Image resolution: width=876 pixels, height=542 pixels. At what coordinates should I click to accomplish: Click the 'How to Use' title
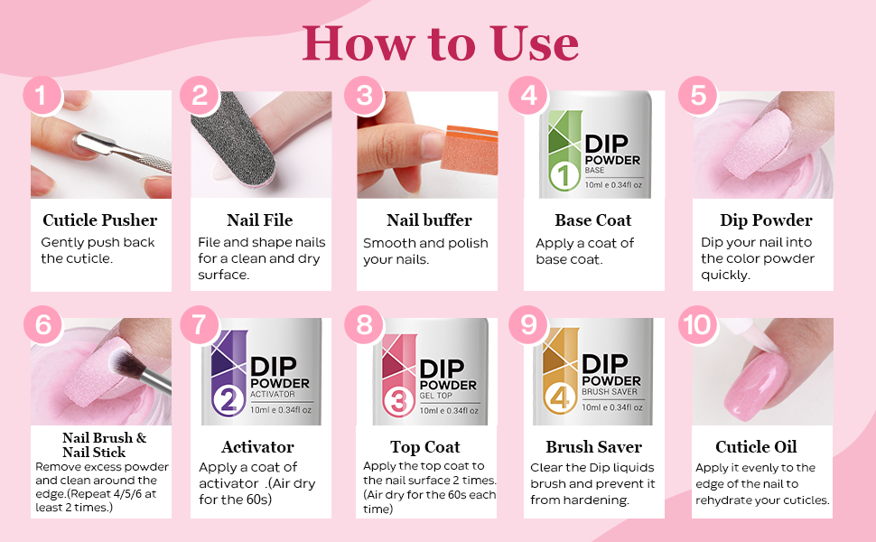[440, 42]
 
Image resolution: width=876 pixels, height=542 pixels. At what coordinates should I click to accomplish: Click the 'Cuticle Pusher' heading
[100, 220]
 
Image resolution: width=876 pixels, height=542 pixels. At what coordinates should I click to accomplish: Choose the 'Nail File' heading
[260, 220]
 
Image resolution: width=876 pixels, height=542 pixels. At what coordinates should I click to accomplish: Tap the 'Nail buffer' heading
[429, 220]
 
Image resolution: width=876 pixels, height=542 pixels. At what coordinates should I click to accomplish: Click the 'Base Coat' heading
[593, 220]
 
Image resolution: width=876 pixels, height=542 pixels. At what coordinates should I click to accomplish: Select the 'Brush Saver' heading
[593, 447]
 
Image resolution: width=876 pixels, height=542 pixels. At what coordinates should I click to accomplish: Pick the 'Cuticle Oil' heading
[756, 447]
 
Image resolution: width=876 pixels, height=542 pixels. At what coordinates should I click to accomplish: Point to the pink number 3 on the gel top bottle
[398, 399]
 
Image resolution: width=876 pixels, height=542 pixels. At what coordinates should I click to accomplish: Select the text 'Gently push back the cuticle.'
[98, 250]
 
